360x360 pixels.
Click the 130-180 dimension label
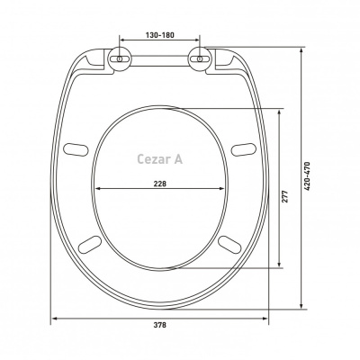click(x=160, y=35)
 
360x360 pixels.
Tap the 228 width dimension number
click(x=160, y=184)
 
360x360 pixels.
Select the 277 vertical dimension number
click(x=285, y=196)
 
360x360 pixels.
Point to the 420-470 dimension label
click(x=307, y=176)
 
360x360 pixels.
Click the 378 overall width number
click(x=160, y=325)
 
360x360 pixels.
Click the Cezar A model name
click(x=160, y=159)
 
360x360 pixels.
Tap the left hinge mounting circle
click(x=120, y=59)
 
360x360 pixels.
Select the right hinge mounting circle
click(x=200, y=59)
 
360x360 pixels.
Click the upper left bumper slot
click(x=76, y=149)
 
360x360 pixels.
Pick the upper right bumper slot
click(x=244, y=149)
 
